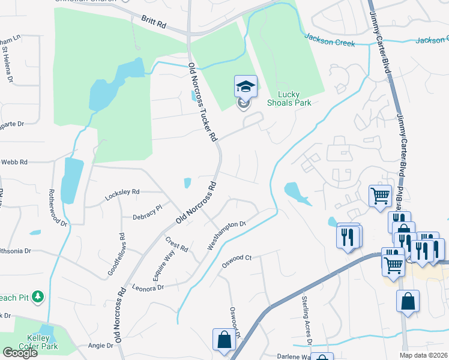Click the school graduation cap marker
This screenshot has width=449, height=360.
point(246,87)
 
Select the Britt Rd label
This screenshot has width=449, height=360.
point(154,23)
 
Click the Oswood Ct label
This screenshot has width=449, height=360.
point(236,259)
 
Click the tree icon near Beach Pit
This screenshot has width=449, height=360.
point(38,296)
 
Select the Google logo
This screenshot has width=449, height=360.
point(20,353)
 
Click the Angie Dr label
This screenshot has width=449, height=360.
point(101,346)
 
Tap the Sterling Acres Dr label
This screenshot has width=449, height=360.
point(308,328)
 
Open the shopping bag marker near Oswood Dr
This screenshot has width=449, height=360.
point(224,339)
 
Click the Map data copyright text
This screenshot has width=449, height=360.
point(422,355)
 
